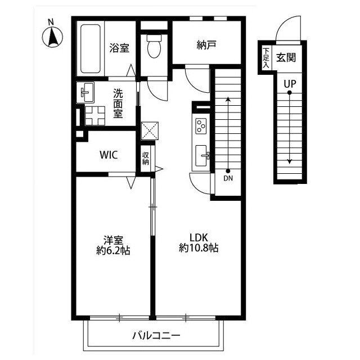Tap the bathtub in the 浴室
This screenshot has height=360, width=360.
tap(91, 49)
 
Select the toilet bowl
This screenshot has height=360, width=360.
tap(154, 46)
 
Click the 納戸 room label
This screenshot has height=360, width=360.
tap(206, 45)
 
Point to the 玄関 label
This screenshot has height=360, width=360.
tap(286, 57)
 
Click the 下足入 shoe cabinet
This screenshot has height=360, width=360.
tap(266, 58)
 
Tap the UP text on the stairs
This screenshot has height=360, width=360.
tap(290, 84)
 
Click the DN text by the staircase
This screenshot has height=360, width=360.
tap(228, 178)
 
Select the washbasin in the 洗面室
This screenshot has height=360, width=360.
tap(85, 92)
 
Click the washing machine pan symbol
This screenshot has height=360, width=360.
tap(95, 116)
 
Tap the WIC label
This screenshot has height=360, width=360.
tap(109, 155)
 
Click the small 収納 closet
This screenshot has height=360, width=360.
tap(146, 158)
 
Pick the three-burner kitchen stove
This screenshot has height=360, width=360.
tap(201, 126)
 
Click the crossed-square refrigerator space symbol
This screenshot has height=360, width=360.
tap(150, 130)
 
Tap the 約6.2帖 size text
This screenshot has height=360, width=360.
tap(113, 250)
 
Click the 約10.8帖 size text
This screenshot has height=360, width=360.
tap(199, 247)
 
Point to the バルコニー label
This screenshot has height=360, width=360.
tap(156, 336)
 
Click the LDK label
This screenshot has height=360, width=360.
tap(199, 237)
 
